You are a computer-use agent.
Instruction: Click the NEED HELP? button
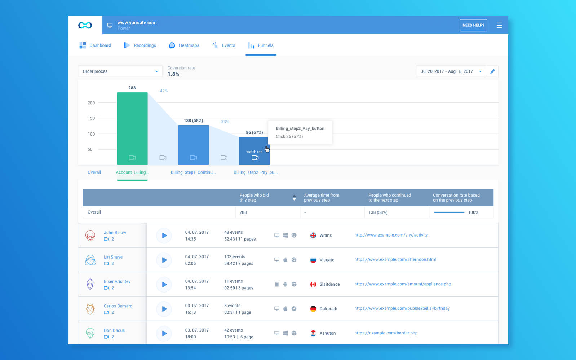click(x=473, y=25)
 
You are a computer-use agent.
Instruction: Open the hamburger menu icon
click(x=499, y=25)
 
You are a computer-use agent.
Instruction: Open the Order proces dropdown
click(x=120, y=71)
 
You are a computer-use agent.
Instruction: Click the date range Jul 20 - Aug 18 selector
click(x=451, y=71)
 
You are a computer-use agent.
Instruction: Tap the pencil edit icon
click(x=493, y=71)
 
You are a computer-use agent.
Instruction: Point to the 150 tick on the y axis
click(x=91, y=118)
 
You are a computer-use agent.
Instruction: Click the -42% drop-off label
click(x=163, y=91)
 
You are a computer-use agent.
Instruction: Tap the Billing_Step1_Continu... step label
click(x=193, y=172)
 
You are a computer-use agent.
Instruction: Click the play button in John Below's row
click(x=164, y=236)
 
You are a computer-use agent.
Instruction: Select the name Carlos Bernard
click(x=118, y=306)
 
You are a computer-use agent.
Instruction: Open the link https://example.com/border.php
click(x=386, y=333)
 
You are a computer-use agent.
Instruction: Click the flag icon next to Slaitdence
click(x=313, y=284)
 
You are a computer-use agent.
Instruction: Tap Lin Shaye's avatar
click(x=90, y=260)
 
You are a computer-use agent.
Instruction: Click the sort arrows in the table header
click(x=294, y=198)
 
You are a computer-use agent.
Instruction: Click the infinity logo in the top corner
click(x=85, y=25)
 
